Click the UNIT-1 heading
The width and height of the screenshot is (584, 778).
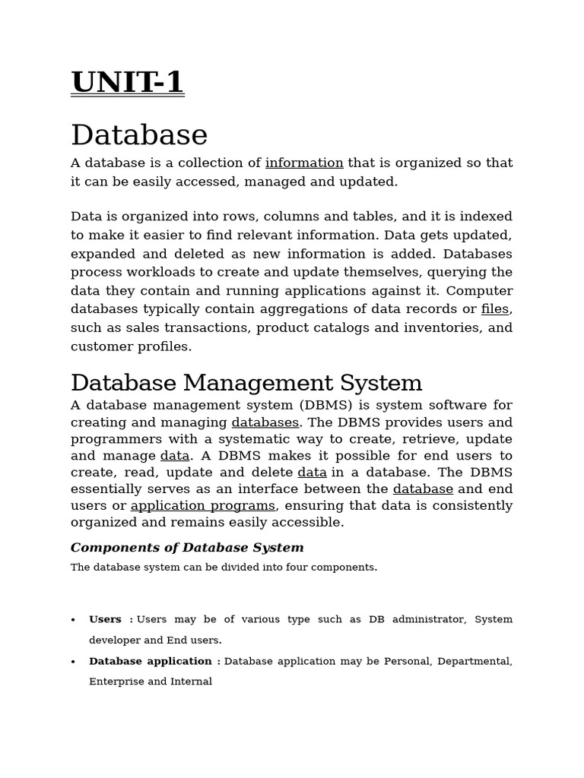127,82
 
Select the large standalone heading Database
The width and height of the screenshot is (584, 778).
139,135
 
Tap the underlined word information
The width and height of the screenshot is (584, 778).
304,163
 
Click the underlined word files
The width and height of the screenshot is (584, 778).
495,309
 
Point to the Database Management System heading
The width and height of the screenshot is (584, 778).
246,382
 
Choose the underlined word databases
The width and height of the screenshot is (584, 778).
265,422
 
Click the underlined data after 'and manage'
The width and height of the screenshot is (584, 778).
175,456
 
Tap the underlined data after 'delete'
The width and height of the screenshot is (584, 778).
312,473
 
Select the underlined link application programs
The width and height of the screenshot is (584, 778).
203,506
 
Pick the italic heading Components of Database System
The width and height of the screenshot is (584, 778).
187,548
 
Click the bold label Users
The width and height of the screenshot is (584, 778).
105,619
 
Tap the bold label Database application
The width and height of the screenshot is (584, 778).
151,661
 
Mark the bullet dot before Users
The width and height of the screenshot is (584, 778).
74,620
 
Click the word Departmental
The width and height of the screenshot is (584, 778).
474,661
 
